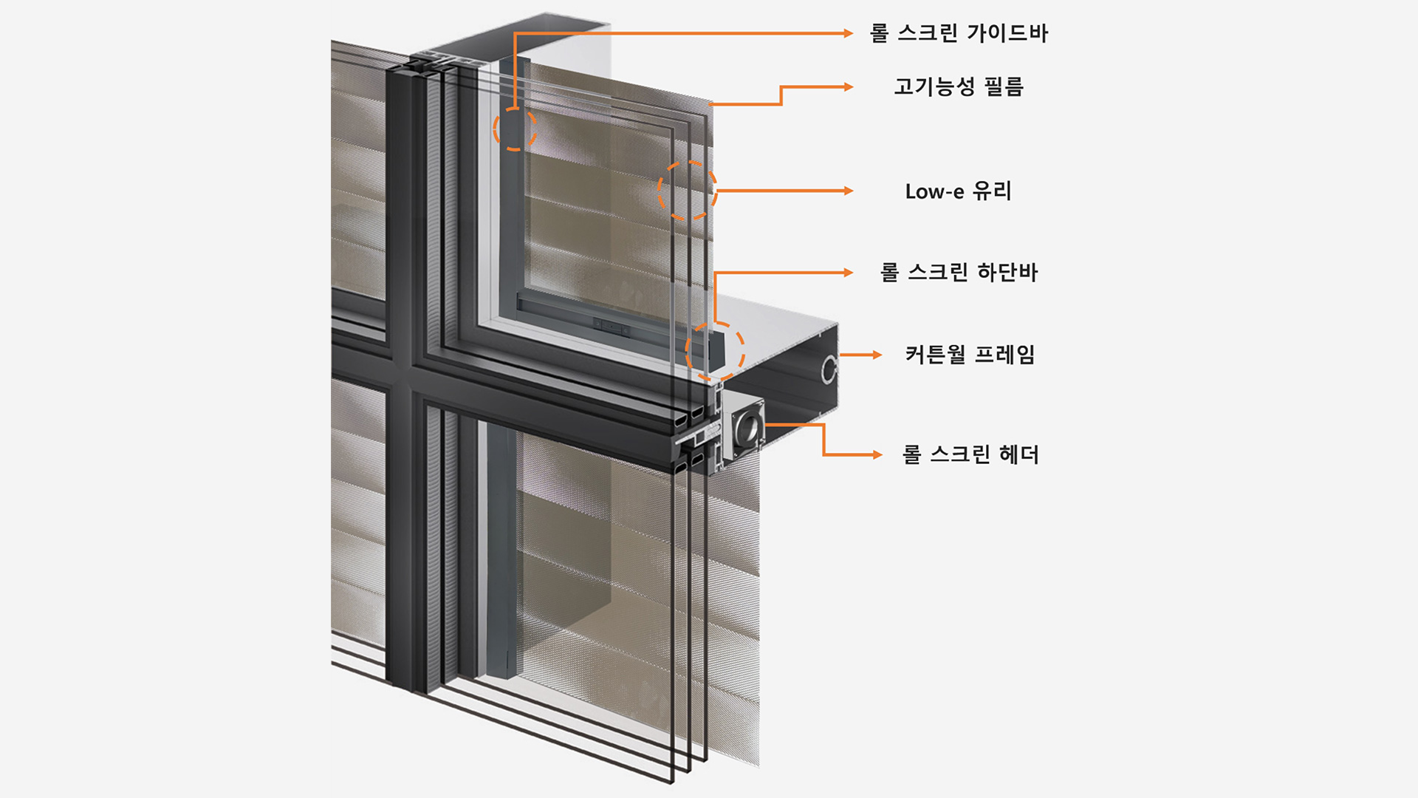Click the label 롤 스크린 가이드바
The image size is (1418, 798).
[x=959, y=33]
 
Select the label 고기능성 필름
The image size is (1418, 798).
[x=959, y=87]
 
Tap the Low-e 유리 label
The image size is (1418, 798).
[x=959, y=191]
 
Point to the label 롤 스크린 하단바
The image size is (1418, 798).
[x=959, y=273]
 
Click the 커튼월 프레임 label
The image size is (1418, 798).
[x=970, y=355]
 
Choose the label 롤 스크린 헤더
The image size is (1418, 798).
[x=970, y=454]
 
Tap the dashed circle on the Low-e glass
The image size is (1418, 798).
[x=687, y=191]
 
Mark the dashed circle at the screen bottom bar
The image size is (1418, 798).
[x=714, y=352]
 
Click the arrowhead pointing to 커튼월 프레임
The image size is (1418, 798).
[x=877, y=355]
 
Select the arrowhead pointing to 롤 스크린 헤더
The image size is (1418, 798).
[x=877, y=454]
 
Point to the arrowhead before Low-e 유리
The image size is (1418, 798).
[x=849, y=191]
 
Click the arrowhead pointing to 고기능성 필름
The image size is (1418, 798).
[x=849, y=87]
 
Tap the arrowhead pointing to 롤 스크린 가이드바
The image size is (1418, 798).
[x=849, y=33]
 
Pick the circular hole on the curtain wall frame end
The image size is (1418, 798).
[x=829, y=369]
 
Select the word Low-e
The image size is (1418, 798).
[x=934, y=192]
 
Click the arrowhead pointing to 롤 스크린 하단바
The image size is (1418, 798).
[x=849, y=273]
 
